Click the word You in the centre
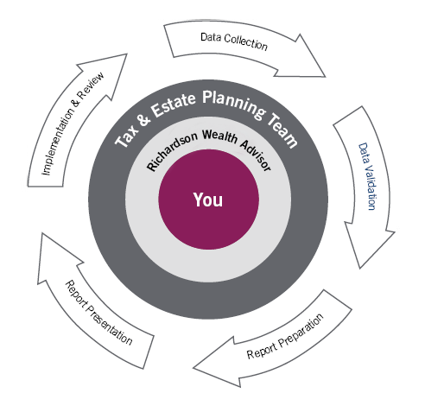(x=208, y=200)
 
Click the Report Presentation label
(x=99, y=312)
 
